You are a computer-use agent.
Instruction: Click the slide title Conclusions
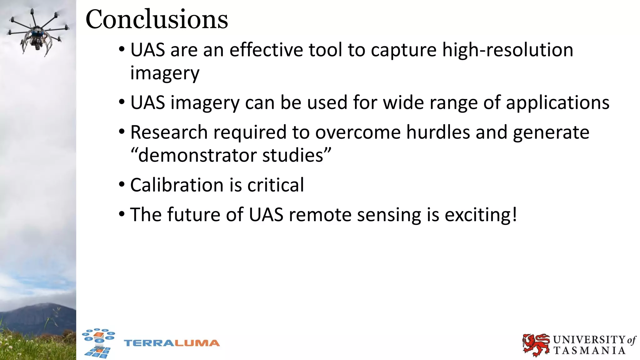click(x=157, y=19)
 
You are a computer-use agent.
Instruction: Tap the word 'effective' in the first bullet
click(x=266, y=50)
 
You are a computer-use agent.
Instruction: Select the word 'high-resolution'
click(x=507, y=50)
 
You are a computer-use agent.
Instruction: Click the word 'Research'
click(x=169, y=132)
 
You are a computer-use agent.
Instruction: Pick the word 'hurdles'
click(x=438, y=132)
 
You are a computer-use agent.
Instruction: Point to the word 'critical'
click(x=276, y=185)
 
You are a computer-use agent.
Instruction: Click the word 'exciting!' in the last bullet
click(x=481, y=215)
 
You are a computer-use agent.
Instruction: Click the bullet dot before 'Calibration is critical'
click(x=122, y=184)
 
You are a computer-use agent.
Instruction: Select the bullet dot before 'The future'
click(x=122, y=214)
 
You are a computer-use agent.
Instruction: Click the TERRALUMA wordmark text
click(x=172, y=343)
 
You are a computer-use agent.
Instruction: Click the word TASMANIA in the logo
click(x=589, y=351)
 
